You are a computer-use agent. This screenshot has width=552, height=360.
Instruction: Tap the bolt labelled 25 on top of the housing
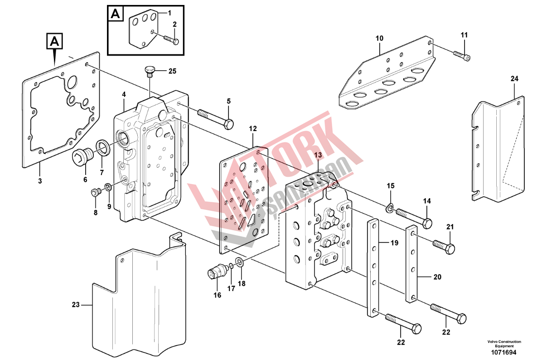coord(150,70)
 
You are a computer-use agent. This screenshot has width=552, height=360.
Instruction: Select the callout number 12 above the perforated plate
coord(253,129)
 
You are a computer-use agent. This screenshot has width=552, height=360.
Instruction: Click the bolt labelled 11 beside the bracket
coord(462,54)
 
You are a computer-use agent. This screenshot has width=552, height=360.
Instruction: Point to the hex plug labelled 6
coord(82,157)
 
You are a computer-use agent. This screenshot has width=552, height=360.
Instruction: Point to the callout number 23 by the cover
coord(75,305)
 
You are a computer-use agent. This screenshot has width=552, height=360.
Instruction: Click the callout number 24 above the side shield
coord(514,79)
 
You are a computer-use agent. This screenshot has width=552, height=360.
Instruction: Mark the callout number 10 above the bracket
coord(379,38)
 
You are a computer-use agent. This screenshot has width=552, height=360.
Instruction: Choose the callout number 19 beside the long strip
coord(394,243)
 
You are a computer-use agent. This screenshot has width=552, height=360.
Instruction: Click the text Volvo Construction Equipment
coord(504,344)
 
